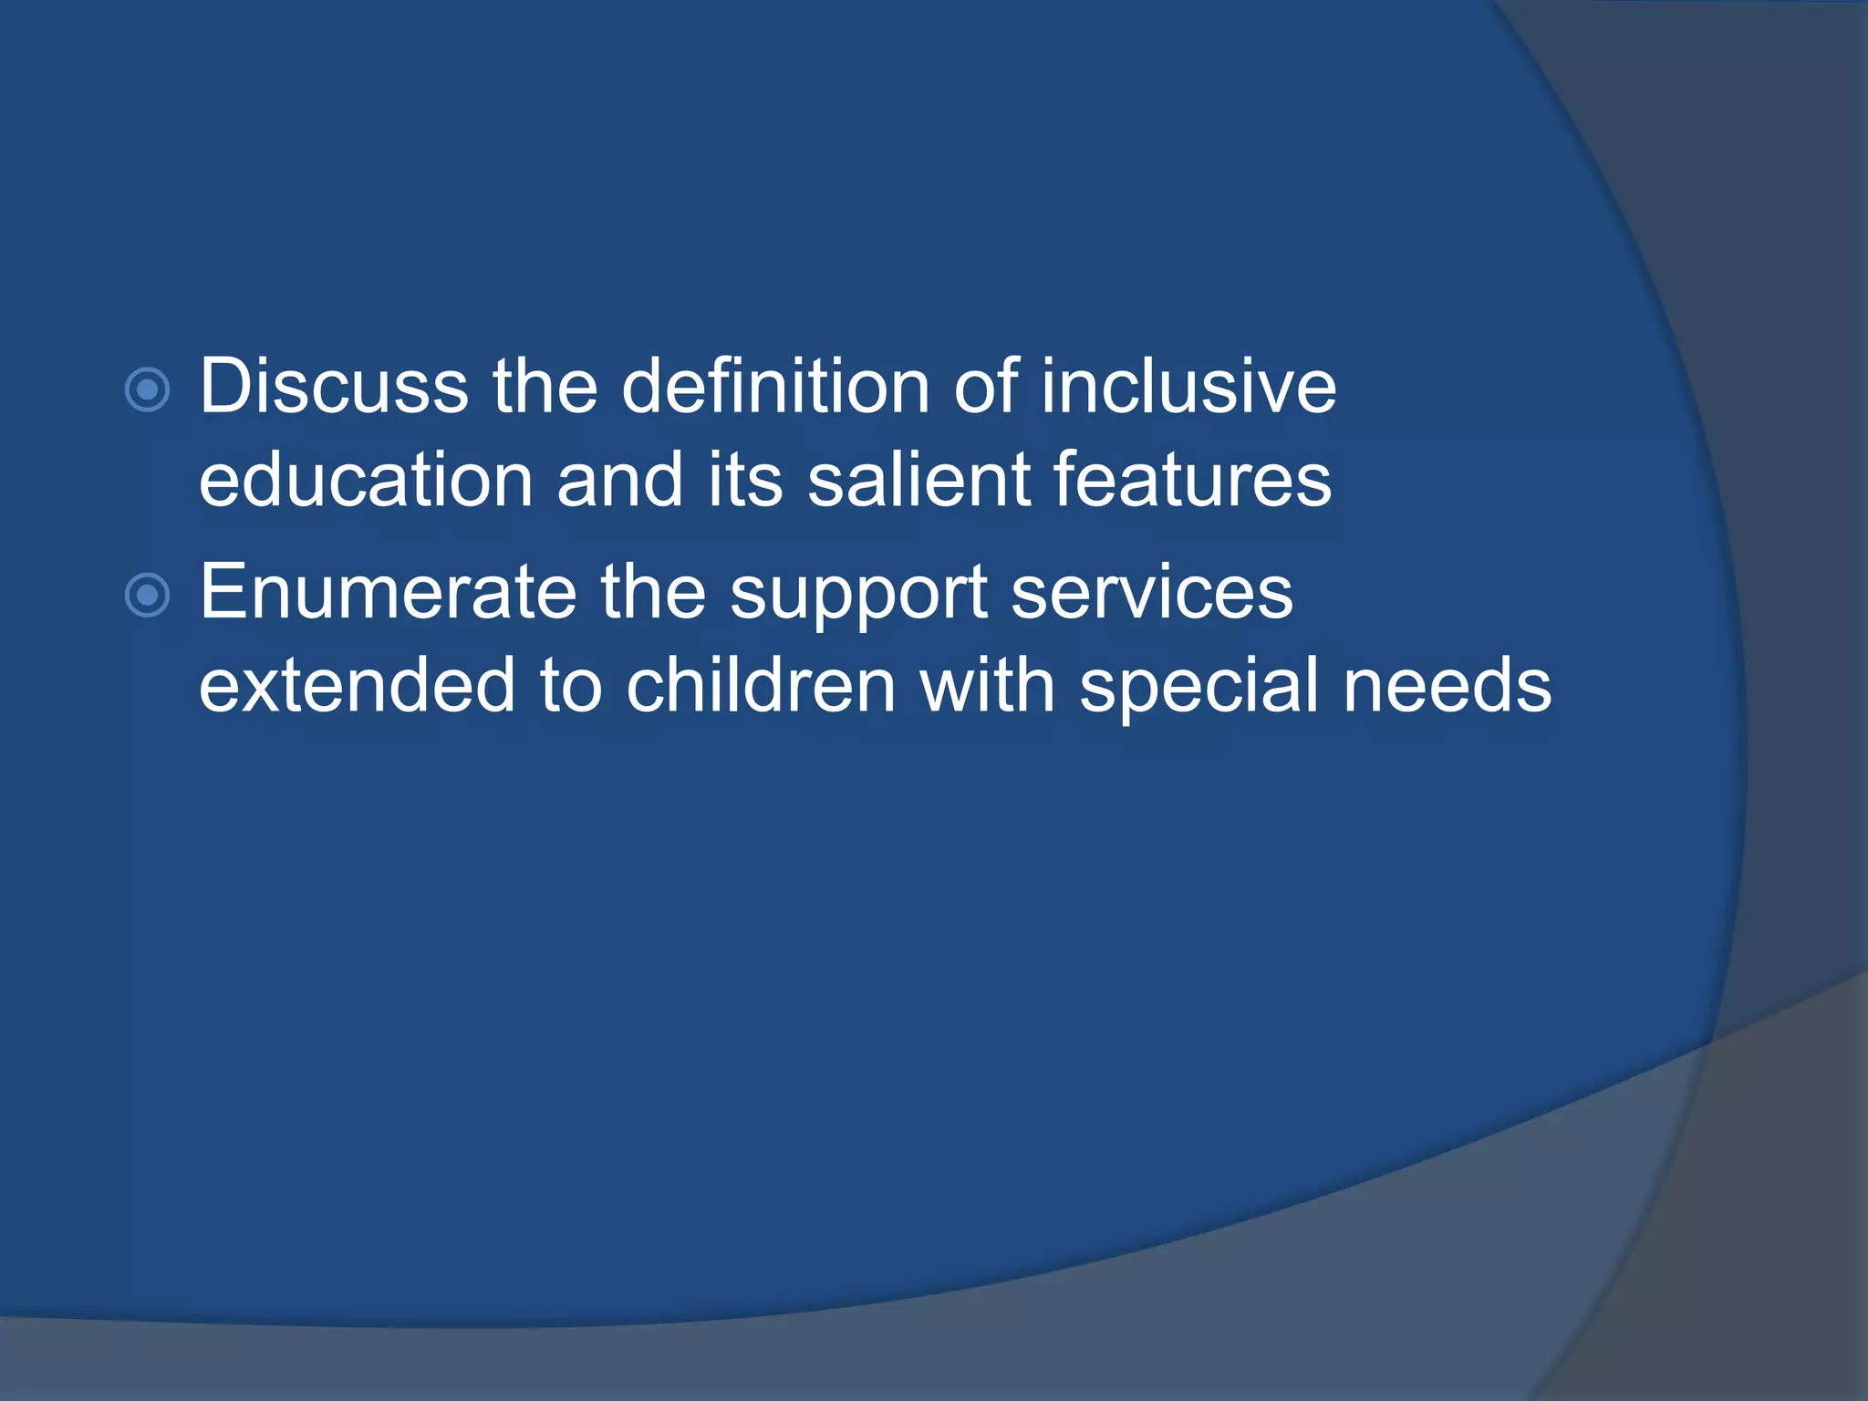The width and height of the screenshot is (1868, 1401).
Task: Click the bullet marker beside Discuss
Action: [x=147, y=390]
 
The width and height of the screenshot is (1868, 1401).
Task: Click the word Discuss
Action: [x=334, y=387]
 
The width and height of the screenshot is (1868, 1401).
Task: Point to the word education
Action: [x=366, y=481]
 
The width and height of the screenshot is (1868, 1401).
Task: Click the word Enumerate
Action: [x=388, y=593]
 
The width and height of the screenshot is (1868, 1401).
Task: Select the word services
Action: [x=1152, y=593]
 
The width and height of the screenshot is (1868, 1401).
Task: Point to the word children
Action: [x=761, y=686]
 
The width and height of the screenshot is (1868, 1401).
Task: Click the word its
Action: [x=745, y=481]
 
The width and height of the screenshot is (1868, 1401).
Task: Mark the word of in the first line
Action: [x=985, y=387]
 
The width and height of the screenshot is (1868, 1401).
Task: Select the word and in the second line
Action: [x=620, y=481]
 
